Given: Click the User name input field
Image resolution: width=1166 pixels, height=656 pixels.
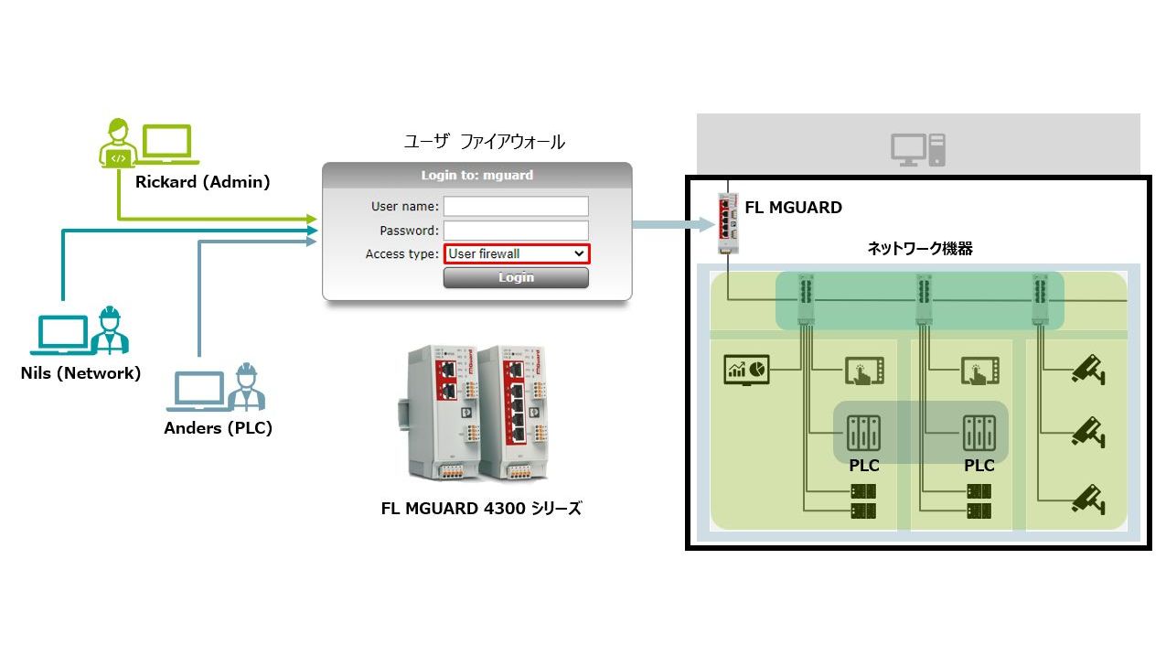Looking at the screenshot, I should coord(516,206).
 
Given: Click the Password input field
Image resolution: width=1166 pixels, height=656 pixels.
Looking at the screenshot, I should coord(516,231).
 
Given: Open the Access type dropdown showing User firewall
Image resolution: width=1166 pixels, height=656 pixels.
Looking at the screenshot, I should coord(517,253).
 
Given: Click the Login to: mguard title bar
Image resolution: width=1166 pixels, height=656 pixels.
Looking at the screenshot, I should coord(476,175).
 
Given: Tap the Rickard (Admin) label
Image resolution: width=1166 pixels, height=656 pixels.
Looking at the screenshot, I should coord(202,182).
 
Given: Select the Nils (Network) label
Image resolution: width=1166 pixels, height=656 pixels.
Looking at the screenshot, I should coord(80,372).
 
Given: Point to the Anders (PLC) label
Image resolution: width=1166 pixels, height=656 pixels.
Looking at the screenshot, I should coord(218,427).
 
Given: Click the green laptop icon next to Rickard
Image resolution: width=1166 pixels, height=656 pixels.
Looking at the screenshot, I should coord(167,144).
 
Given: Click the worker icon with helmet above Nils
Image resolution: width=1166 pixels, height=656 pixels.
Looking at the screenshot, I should coord(110,330).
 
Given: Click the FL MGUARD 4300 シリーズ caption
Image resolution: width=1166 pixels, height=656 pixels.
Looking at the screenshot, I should coord(481,509).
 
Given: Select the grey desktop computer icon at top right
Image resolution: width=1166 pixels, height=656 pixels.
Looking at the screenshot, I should coord(917,149).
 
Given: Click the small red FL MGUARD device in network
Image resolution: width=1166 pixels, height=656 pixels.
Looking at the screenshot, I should coord(729,222).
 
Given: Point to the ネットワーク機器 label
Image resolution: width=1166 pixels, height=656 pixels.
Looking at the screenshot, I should coord(920,248).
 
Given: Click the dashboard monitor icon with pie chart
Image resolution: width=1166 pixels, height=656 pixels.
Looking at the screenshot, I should coord(746,369).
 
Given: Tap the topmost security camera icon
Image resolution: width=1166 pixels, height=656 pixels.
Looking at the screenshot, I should coord(1088,370).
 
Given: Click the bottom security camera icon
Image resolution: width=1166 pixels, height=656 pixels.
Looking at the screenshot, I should coord(1088,499).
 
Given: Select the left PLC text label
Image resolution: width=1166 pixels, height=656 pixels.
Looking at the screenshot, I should coord(863,466).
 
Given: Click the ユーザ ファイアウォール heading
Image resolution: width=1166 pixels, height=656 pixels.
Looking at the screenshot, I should coord(484,142).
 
